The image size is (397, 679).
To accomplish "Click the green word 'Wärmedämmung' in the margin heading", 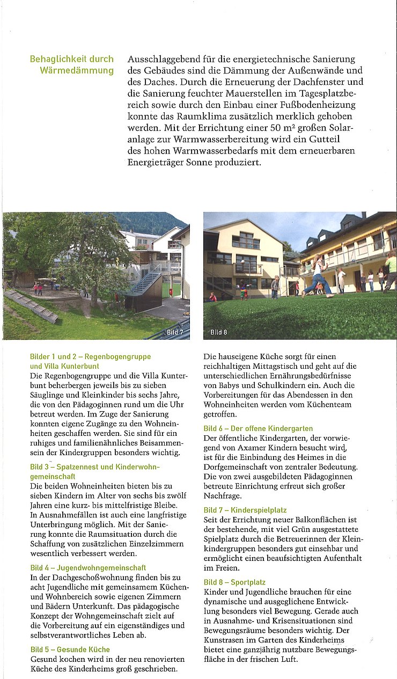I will pos(77,70).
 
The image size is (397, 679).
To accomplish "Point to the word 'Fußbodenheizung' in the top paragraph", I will pos(324,105).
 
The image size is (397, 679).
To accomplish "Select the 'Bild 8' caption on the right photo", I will pos(218,332).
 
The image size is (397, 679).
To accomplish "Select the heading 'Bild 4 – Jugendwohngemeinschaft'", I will pos(88,567).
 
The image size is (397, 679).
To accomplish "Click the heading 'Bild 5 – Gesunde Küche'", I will pos(70,649).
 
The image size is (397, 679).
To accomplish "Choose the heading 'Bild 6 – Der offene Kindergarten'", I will pos(258,428).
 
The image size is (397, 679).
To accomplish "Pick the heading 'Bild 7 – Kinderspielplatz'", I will pos(245,510).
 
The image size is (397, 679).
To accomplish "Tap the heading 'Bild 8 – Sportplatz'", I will pos(234,582).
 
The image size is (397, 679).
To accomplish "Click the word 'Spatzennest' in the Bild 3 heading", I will pos(78,467).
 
